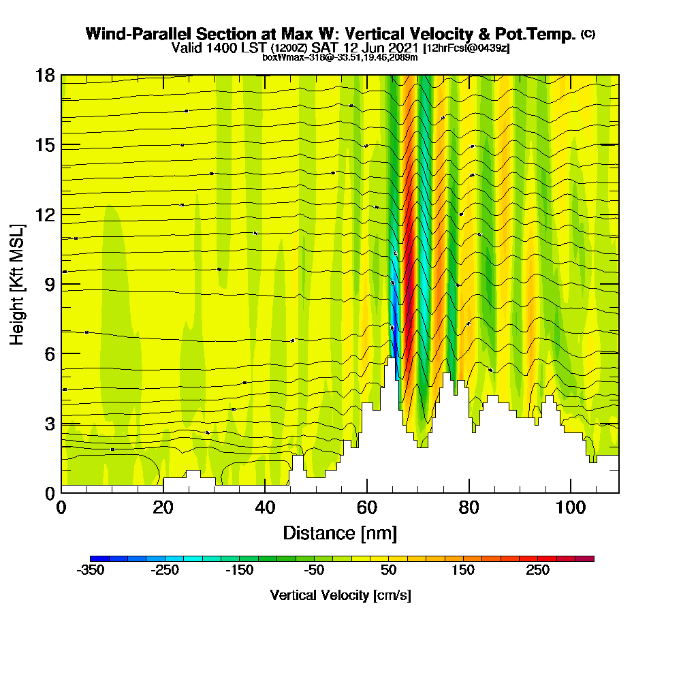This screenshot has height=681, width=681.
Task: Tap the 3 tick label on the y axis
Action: pyautogui.click(x=49, y=424)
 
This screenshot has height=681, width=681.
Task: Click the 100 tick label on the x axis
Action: pyautogui.click(x=570, y=508)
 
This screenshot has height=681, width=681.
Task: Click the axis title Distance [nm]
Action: pyautogui.click(x=340, y=533)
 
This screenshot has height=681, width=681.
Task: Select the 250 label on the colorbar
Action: pyautogui.click(x=537, y=571)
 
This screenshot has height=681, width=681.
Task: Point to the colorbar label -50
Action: pyautogui.click(x=314, y=571)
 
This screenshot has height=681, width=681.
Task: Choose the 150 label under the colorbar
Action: pyautogui.click(x=463, y=571)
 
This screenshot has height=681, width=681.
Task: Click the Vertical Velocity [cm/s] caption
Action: pyautogui.click(x=340, y=595)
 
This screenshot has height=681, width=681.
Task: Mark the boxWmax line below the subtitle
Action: pyautogui.click(x=340, y=57)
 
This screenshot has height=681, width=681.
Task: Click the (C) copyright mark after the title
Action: pyautogui.click(x=588, y=34)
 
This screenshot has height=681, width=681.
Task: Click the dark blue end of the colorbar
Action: pyautogui.click(x=95, y=558)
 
